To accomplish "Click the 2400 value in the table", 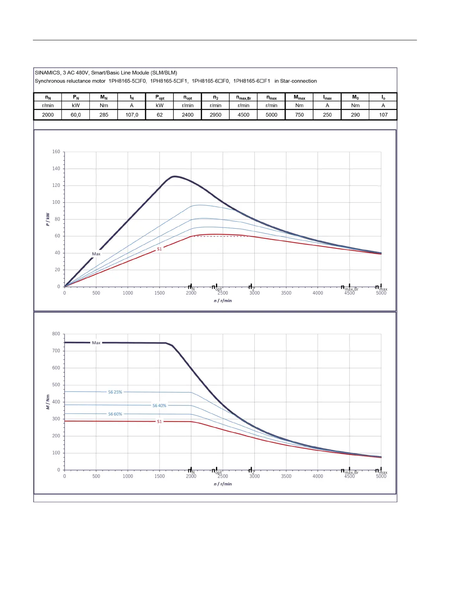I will [x=188, y=115].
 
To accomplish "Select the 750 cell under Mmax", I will [x=299, y=115].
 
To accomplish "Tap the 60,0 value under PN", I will [x=76, y=115].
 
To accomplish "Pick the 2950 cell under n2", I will [x=216, y=115].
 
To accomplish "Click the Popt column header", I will [x=159, y=98].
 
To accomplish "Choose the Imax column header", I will [x=327, y=98].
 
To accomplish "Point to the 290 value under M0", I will [x=355, y=115].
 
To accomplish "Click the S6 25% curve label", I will [x=115, y=392].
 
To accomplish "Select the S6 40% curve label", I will [x=159, y=406].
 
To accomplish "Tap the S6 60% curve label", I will [x=115, y=414].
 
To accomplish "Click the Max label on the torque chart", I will [x=96, y=343].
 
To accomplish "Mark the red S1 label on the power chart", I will [x=159, y=249].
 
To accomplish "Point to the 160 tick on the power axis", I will [x=56, y=152].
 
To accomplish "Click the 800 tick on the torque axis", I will [x=56, y=334].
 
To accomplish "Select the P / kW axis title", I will [x=48, y=219].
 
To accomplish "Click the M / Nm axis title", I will [x=48, y=402].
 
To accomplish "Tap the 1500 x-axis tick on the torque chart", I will [x=159, y=476].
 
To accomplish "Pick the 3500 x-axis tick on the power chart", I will [x=286, y=293].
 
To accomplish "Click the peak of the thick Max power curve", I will [x=175, y=176].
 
